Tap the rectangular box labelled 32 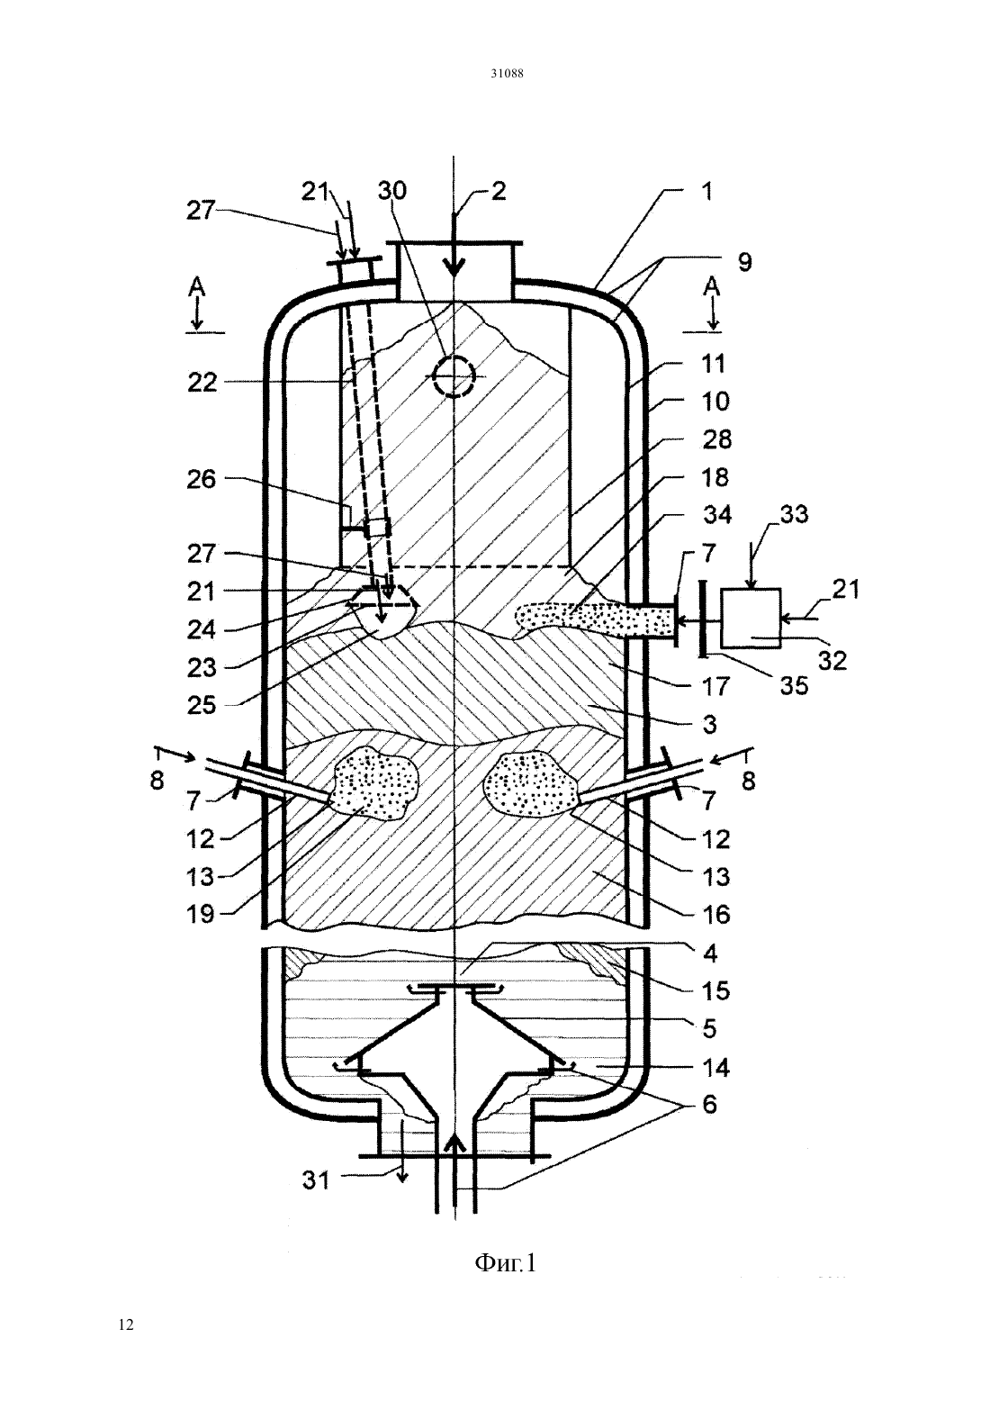[750, 618]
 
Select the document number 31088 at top [506, 73]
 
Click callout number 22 [202, 382]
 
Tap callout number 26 [202, 480]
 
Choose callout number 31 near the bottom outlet [316, 1180]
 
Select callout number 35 [794, 686]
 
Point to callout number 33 [794, 514]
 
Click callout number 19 [201, 914]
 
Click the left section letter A [197, 287]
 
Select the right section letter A [711, 287]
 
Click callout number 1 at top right [706, 192]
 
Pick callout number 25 [202, 706]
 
